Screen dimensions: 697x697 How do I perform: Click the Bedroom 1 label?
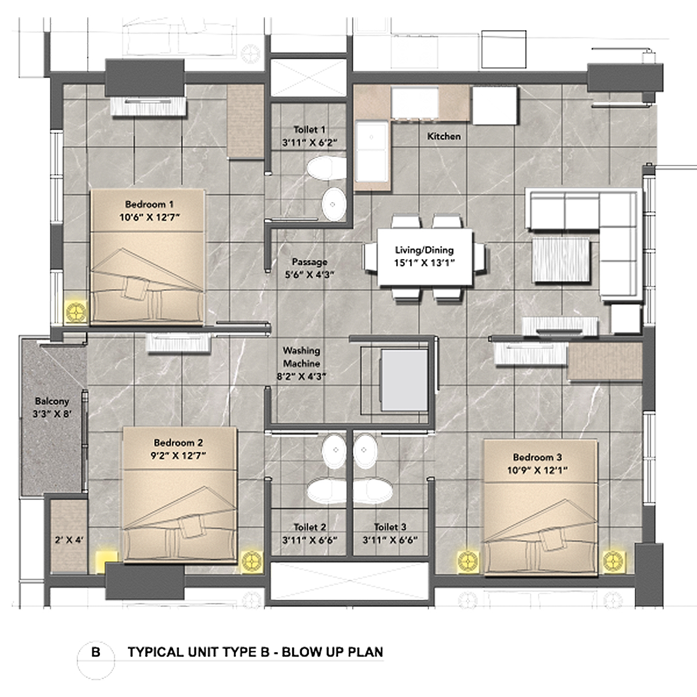(x=149, y=204)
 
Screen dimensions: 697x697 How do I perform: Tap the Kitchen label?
(x=444, y=136)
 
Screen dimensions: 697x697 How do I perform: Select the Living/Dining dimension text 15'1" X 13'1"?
(x=424, y=262)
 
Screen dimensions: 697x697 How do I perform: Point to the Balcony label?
(x=52, y=401)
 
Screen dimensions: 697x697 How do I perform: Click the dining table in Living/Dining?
(x=425, y=256)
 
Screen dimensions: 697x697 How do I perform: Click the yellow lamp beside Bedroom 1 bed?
(x=75, y=312)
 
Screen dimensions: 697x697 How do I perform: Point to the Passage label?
(x=310, y=262)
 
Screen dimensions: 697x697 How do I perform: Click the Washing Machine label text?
(x=301, y=357)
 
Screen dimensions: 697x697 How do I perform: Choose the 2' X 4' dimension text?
(x=69, y=540)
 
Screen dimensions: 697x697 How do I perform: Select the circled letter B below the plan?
(x=96, y=652)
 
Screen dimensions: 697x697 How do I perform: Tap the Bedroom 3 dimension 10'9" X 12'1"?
(x=537, y=470)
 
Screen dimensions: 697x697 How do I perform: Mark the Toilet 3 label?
(x=390, y=527)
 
